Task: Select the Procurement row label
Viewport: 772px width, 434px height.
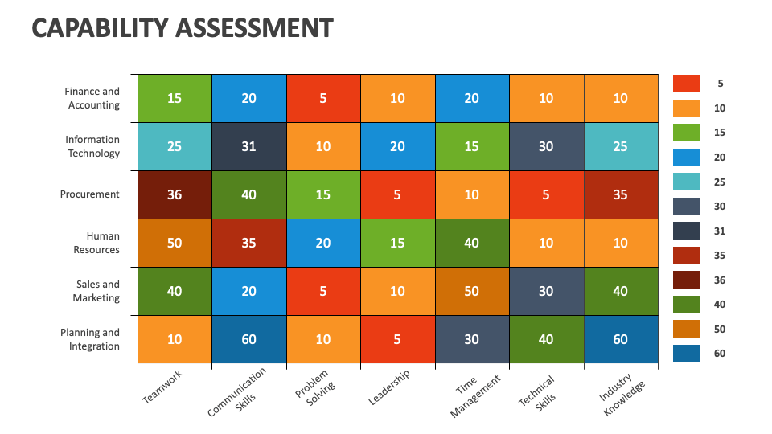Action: [89, 194]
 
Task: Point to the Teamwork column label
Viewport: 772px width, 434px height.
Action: [162, 387]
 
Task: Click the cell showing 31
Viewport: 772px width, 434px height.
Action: [249, 146]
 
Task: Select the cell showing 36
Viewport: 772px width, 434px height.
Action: [175, 194]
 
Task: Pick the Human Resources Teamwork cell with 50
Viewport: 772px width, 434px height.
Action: [175, 243]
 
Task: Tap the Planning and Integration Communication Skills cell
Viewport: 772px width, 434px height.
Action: [249, 339]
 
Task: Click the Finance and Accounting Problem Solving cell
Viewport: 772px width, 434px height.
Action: [323, 98]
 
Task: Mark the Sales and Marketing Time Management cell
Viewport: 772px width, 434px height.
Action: [472, 291]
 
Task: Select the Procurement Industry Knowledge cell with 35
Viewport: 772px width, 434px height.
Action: [621, 194]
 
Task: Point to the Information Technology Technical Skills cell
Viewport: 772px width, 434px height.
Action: [546, 146]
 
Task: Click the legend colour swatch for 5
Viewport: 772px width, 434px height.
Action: [686, 83]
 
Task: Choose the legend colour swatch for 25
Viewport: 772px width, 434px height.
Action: [686, 181]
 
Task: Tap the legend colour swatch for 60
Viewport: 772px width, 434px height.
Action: [686, 353]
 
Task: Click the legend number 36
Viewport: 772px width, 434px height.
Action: [719, 279]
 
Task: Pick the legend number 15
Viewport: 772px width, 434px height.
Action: [719, 132]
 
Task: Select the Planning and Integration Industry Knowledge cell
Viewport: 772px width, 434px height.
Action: [621, 339]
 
